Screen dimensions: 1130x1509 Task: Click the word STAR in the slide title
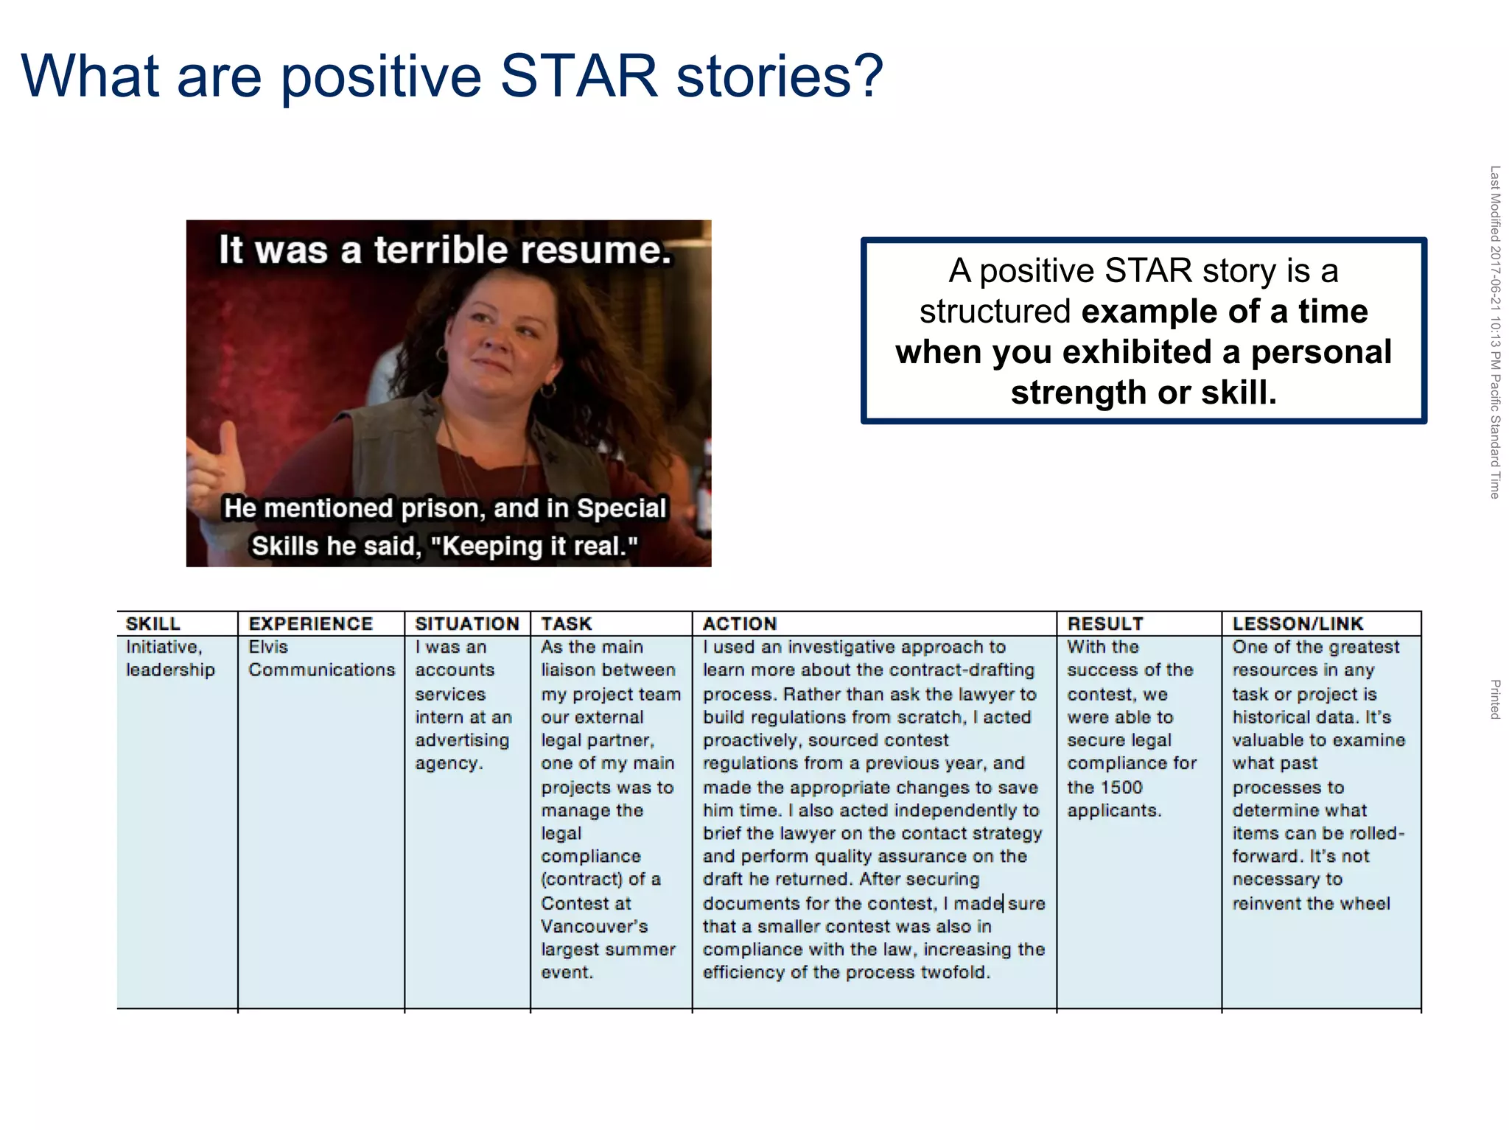click(578, 76)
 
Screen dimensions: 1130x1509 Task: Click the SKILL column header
click(153, 624)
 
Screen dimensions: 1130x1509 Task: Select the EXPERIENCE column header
click(310, 624)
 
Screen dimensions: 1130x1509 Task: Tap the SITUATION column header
click(466, 624)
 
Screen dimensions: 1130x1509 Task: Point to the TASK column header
click(566, 624)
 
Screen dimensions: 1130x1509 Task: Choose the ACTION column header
click(739, 624)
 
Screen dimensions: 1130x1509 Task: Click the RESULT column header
click(1104, 624)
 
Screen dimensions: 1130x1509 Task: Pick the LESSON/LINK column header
click(1298, 624)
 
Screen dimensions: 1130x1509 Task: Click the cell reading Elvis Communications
click(321, 659)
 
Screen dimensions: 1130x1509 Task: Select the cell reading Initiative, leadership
click(170, 659)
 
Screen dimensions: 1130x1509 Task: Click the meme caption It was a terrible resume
click(445, 250)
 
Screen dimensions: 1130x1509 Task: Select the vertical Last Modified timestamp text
click(1494, 331)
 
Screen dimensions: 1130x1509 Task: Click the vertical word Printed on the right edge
click(1494, 699)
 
